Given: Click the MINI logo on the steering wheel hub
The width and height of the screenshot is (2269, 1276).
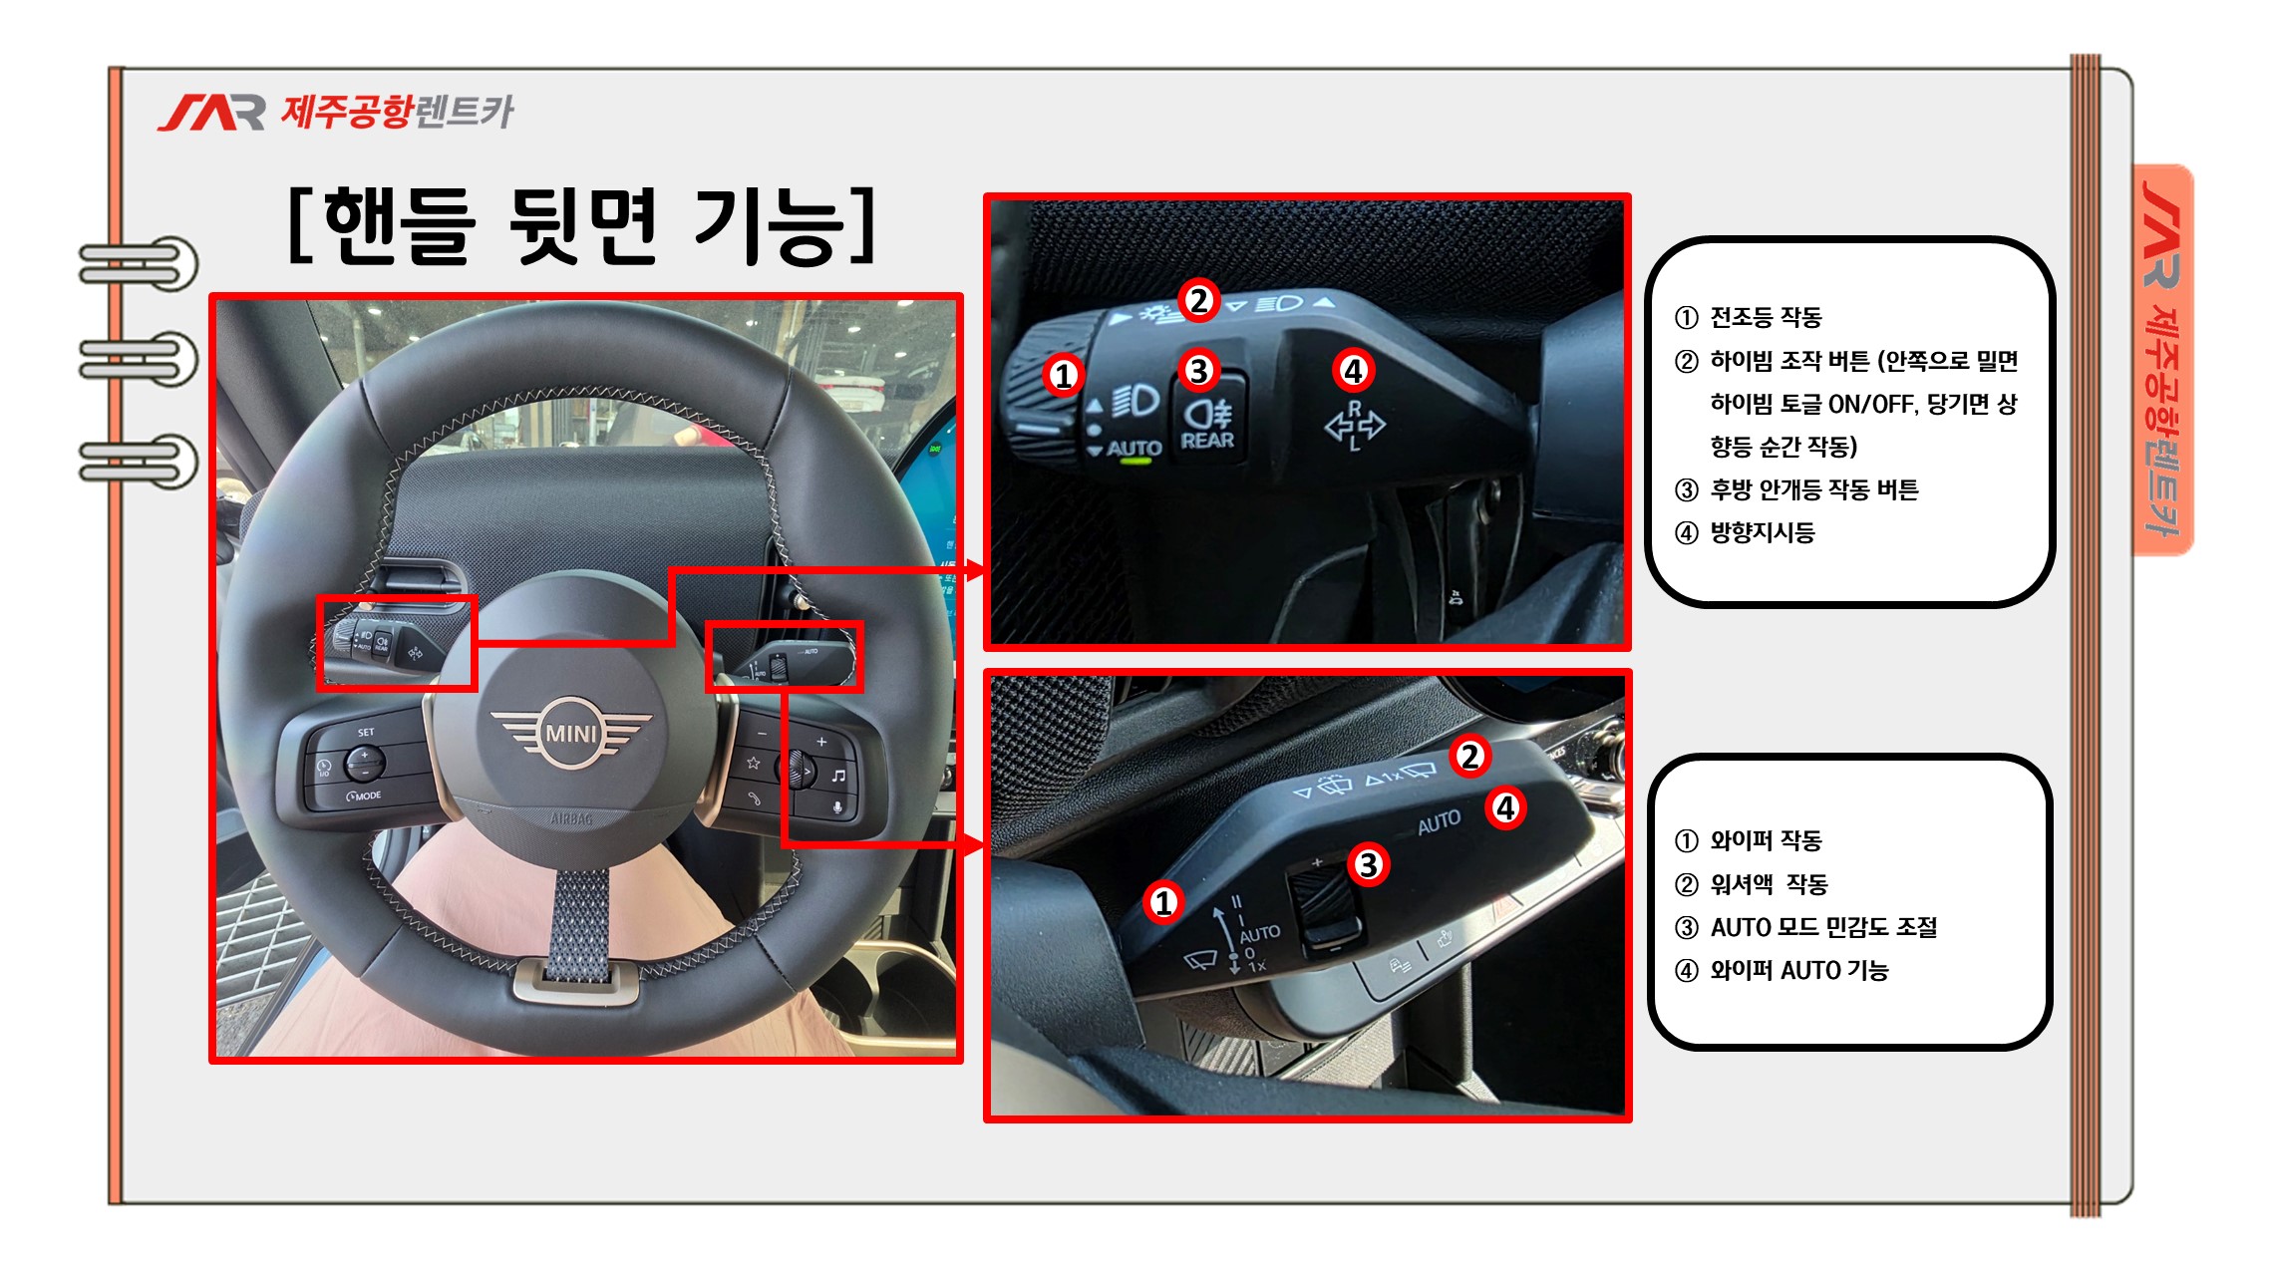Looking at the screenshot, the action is [571, 733].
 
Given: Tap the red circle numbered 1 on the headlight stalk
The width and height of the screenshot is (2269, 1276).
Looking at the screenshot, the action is [1064, 375].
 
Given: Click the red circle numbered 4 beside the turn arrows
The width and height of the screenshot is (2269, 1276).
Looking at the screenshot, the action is [1353, 371].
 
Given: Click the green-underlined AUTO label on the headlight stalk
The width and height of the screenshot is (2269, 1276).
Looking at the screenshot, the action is [1134, 450].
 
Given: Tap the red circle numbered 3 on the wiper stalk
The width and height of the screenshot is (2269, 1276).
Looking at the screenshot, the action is [1369, 864].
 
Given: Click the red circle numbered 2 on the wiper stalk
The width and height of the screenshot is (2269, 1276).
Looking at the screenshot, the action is [1469, 756].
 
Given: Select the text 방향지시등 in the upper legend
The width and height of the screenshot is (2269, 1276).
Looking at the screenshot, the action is [1763, 532].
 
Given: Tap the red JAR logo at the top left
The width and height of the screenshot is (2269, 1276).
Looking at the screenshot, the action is [211, 113].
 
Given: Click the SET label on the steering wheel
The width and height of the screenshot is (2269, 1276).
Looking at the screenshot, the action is [366, 733].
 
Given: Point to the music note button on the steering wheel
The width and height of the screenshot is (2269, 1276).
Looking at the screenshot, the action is [838, 775].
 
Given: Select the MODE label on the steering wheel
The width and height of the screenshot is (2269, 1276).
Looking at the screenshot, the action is [364, 796].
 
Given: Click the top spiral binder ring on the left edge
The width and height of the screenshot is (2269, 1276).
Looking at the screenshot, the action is [139, 264].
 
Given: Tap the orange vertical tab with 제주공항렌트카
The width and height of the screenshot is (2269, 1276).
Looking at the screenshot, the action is [2162, 359].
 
